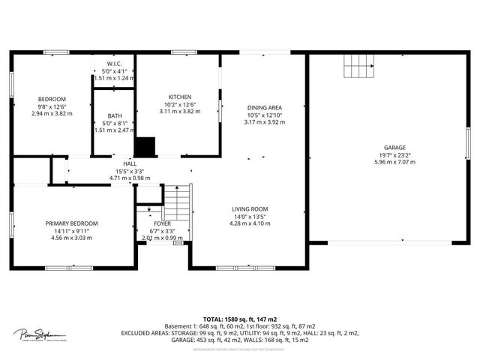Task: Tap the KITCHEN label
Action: point(179,97)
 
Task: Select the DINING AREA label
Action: point(264,108)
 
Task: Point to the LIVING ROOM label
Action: point(250,209)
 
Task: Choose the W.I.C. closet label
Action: point(115,64)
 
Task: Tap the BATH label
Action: point(115,116)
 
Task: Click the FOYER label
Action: point(162,223)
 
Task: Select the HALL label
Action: point(130,163)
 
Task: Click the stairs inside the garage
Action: point(358,67)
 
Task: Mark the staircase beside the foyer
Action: point(177,201)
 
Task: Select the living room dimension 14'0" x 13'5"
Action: point(250,217)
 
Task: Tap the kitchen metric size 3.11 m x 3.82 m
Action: point(179,112)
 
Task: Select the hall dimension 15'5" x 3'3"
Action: point(130,171)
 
